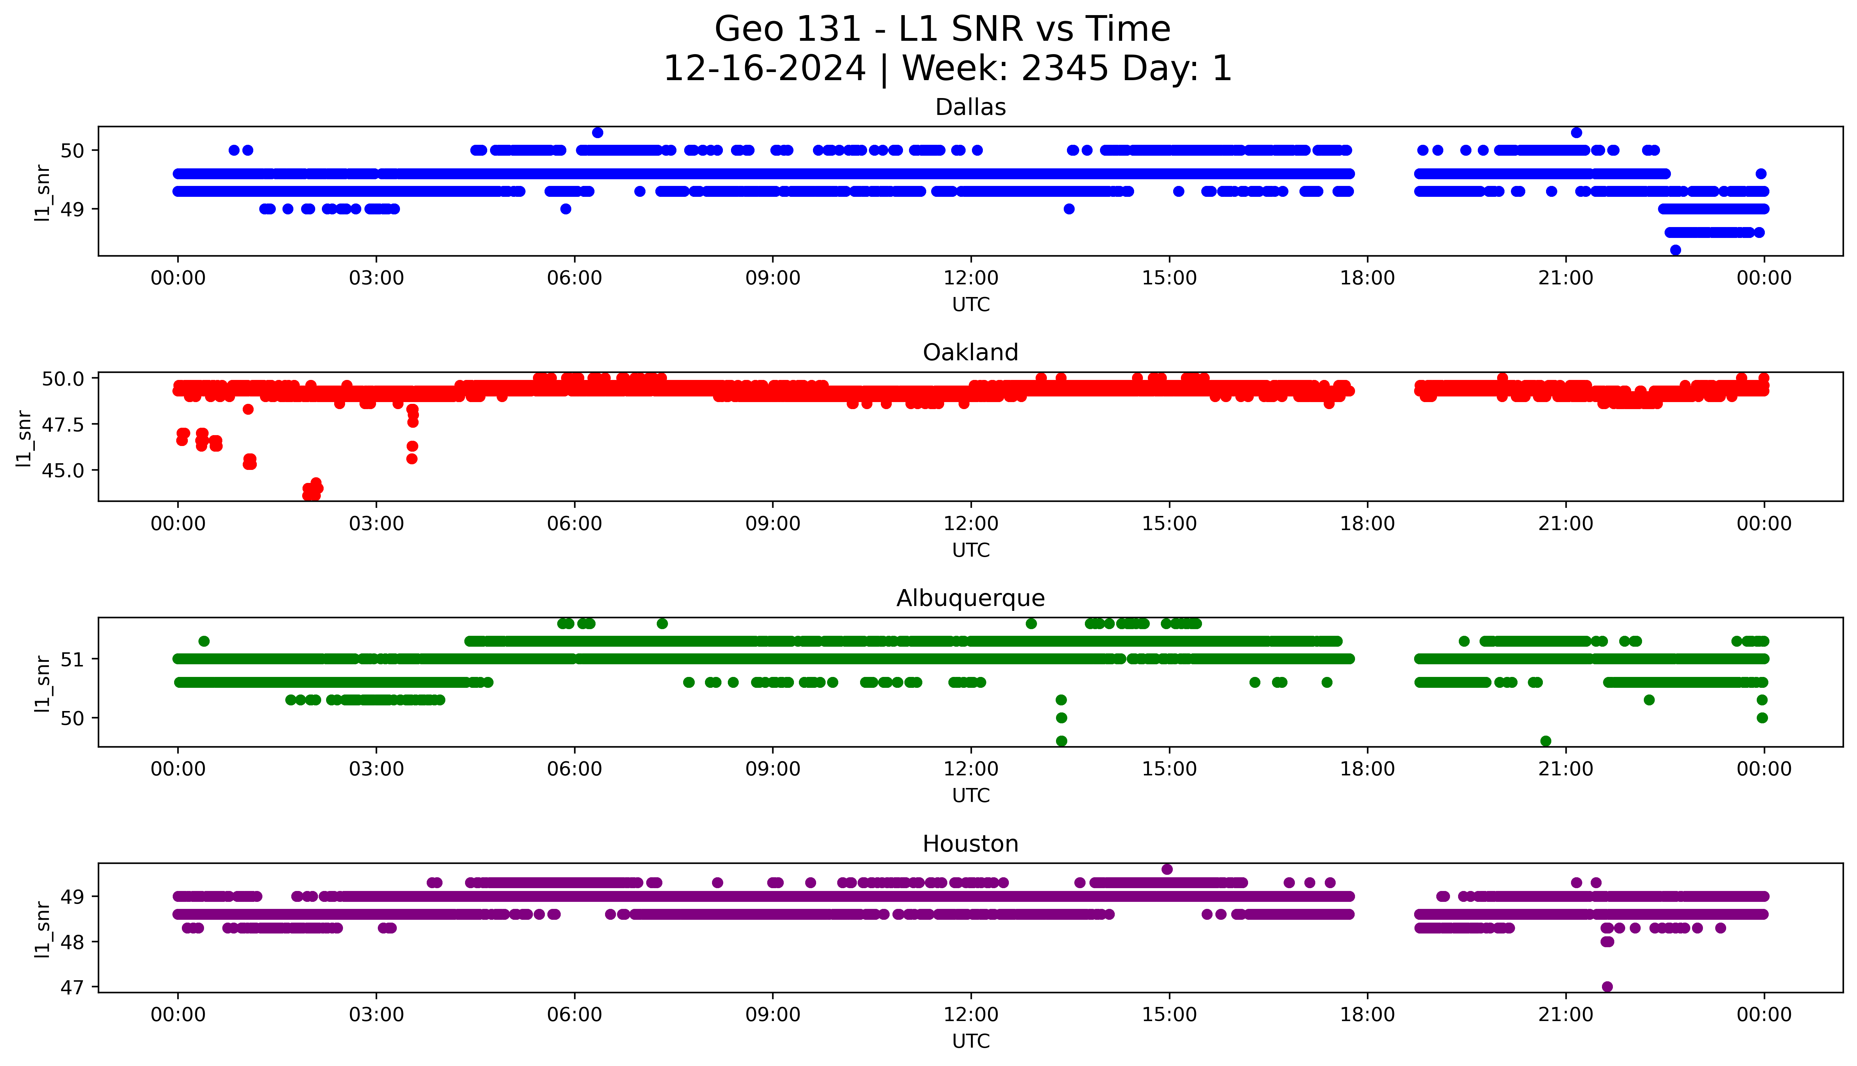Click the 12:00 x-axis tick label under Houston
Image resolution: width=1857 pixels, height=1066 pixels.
pyautogui.click(x=971, y=1015)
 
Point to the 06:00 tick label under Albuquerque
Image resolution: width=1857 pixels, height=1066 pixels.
pyautogui.click(x=574, y=769)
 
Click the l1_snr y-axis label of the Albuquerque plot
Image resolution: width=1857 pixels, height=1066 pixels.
pyautogui.click(x=43, y=683)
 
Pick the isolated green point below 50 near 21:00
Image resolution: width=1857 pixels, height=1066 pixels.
pyautogui.click(x=1546, y=741)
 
